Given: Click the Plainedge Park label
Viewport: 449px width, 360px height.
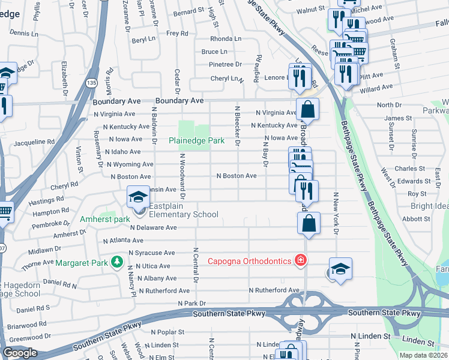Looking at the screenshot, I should tap(196, 141).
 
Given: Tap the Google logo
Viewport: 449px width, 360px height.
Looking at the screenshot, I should tap(20, 353).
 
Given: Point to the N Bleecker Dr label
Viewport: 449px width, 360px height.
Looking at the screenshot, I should tap(237, 127).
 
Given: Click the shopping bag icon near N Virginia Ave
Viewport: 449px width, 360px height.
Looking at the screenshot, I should tap(307, 110).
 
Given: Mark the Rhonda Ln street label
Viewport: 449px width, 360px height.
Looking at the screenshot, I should tap(226, 38).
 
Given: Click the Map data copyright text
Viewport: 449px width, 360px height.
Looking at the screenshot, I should tap(424, 355).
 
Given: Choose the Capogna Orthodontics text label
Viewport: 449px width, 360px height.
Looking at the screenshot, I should tap(250, 261).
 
